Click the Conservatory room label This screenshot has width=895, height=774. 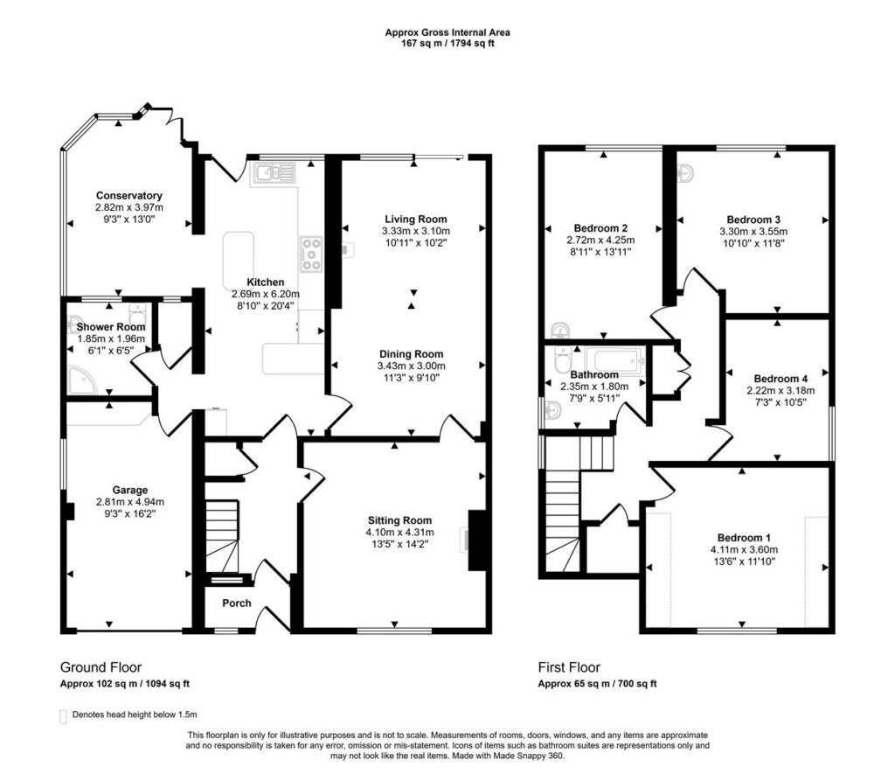129,195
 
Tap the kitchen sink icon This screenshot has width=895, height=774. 275,172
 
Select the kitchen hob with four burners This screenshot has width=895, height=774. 312,255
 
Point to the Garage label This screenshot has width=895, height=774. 129,490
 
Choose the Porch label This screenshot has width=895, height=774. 236,603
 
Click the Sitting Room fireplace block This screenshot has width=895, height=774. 476,540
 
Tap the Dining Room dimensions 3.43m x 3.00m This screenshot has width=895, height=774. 411,366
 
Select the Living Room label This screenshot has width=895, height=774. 415,219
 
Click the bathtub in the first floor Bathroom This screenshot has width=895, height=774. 620,361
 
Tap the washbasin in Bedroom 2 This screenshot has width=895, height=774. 560,331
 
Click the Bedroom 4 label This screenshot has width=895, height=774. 781,379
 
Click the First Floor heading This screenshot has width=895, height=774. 569,667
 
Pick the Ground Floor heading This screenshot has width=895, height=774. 101,667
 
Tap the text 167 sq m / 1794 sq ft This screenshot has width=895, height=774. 447,44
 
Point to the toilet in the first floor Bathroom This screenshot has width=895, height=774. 564,358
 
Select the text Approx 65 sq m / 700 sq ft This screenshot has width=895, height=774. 598,684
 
